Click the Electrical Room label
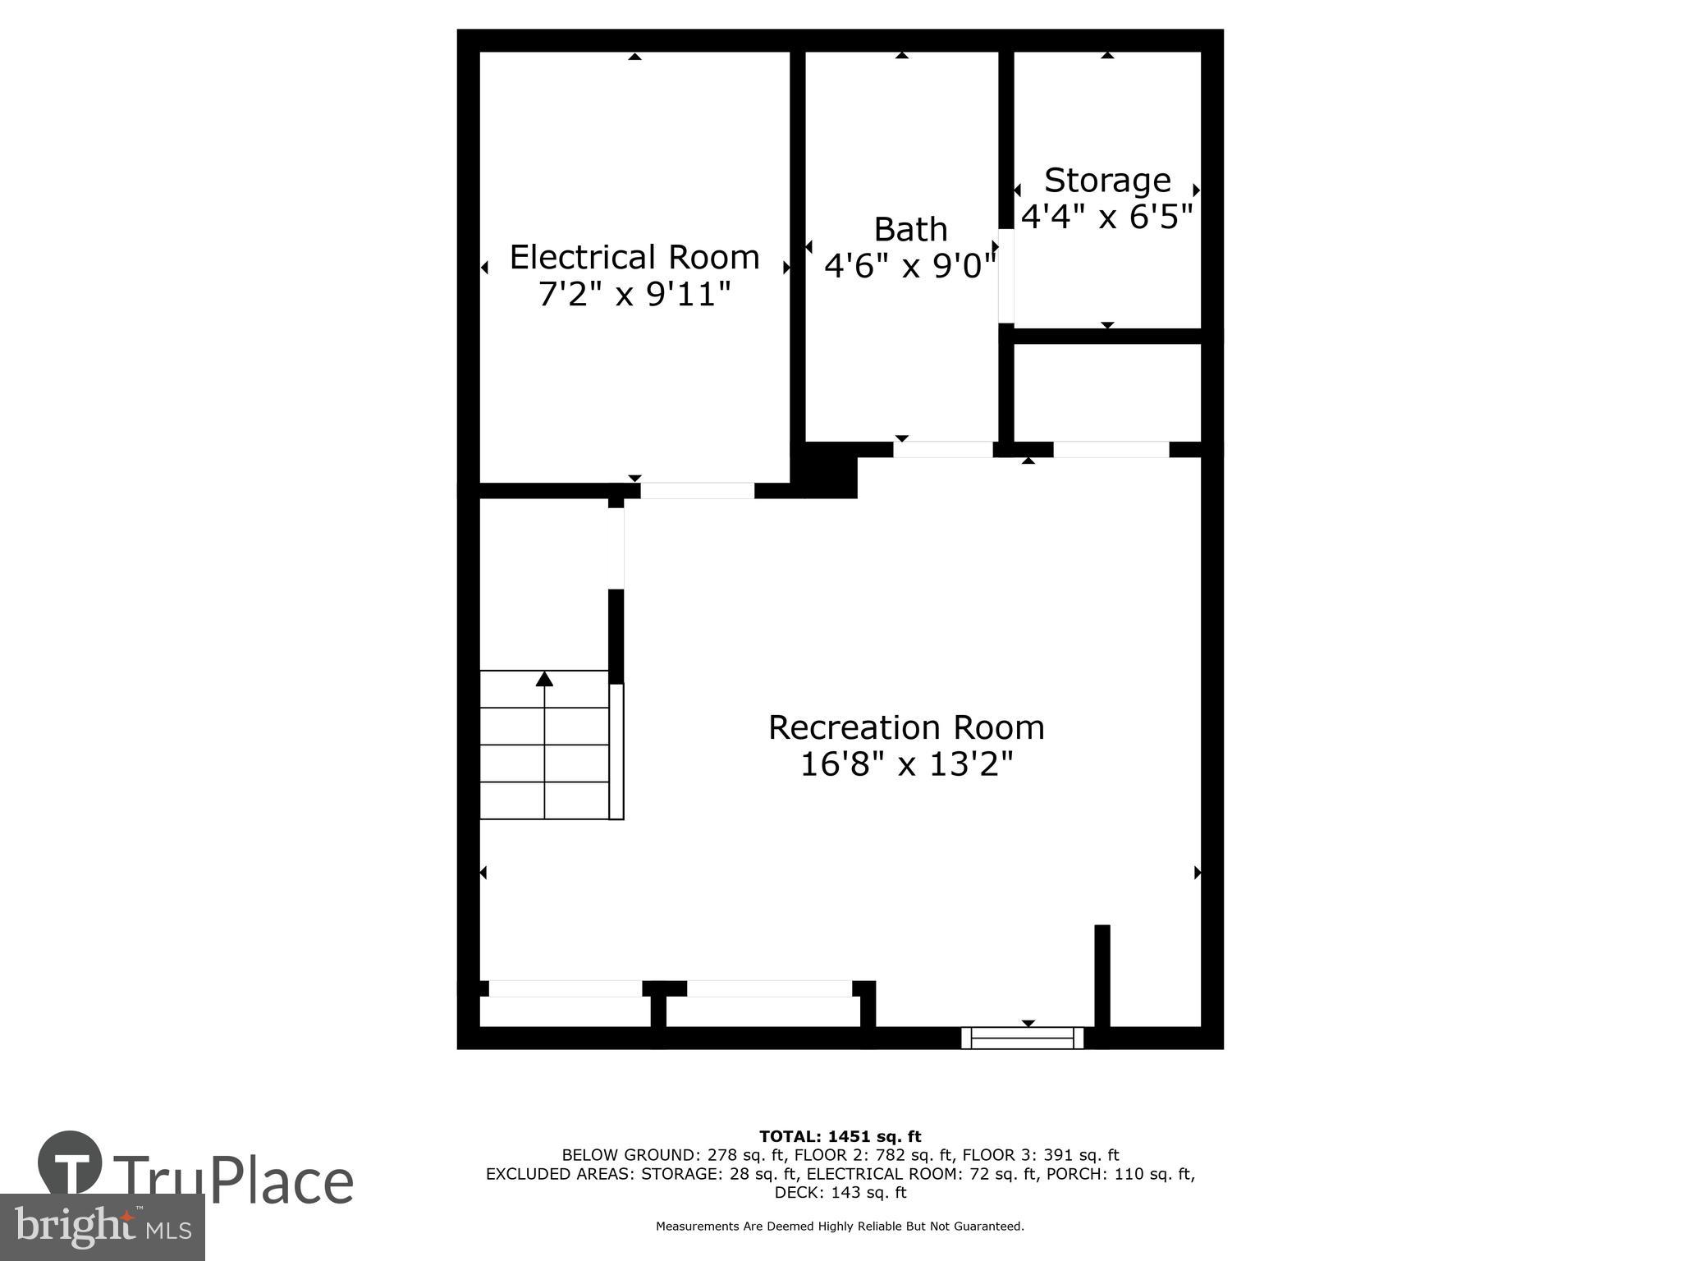tap(634, 258)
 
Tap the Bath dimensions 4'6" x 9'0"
tap(910, 266)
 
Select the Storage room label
tap(1107, 180)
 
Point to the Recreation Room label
tap(906, 727)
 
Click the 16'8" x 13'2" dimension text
tap(906, 765)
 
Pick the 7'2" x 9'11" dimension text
tap(634, 294)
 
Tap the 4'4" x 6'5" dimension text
tap(1106, 217)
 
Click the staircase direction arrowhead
tap(544, 678)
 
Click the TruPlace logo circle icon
tap(70, 1165)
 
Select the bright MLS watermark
tap(102, 1227)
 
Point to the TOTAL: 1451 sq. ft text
tap(840, 1136)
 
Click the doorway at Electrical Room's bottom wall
tap(697, 491)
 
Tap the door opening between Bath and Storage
tap(1005, 276)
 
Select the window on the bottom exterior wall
tap(1022, 1039)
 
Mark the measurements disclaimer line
tap(840, 1227)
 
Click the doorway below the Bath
tap(942, 449)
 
